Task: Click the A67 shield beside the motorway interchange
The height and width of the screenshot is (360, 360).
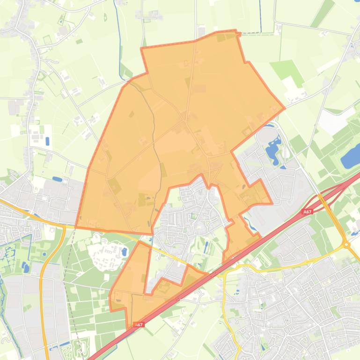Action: (x=307, y=212)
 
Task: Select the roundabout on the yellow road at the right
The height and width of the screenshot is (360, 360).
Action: (x=346, y=244)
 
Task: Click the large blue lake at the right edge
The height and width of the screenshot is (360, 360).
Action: (x=351, y=156)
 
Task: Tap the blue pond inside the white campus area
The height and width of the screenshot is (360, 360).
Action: (x=124, y=252)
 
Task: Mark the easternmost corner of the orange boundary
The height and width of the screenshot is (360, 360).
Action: (x=285, y=108)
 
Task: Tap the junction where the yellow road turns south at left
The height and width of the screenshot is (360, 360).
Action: (x=63, y=227)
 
